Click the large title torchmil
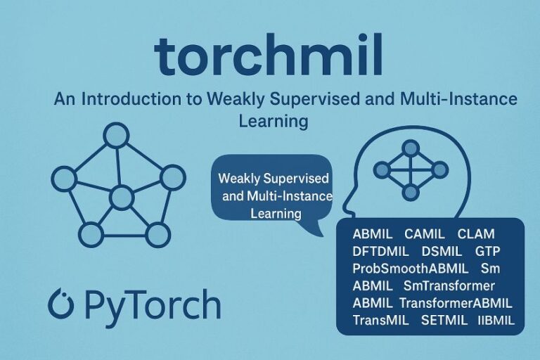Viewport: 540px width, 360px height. [269, 56]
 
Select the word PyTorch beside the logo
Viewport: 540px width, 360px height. [152, 305]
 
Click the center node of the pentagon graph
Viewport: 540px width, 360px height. [122, 198]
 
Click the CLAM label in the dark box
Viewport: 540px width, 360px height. [475, 234]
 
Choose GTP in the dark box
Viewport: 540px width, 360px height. [488, 251]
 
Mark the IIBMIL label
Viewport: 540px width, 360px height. [496, 321]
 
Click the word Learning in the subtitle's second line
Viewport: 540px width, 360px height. [274, 121]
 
